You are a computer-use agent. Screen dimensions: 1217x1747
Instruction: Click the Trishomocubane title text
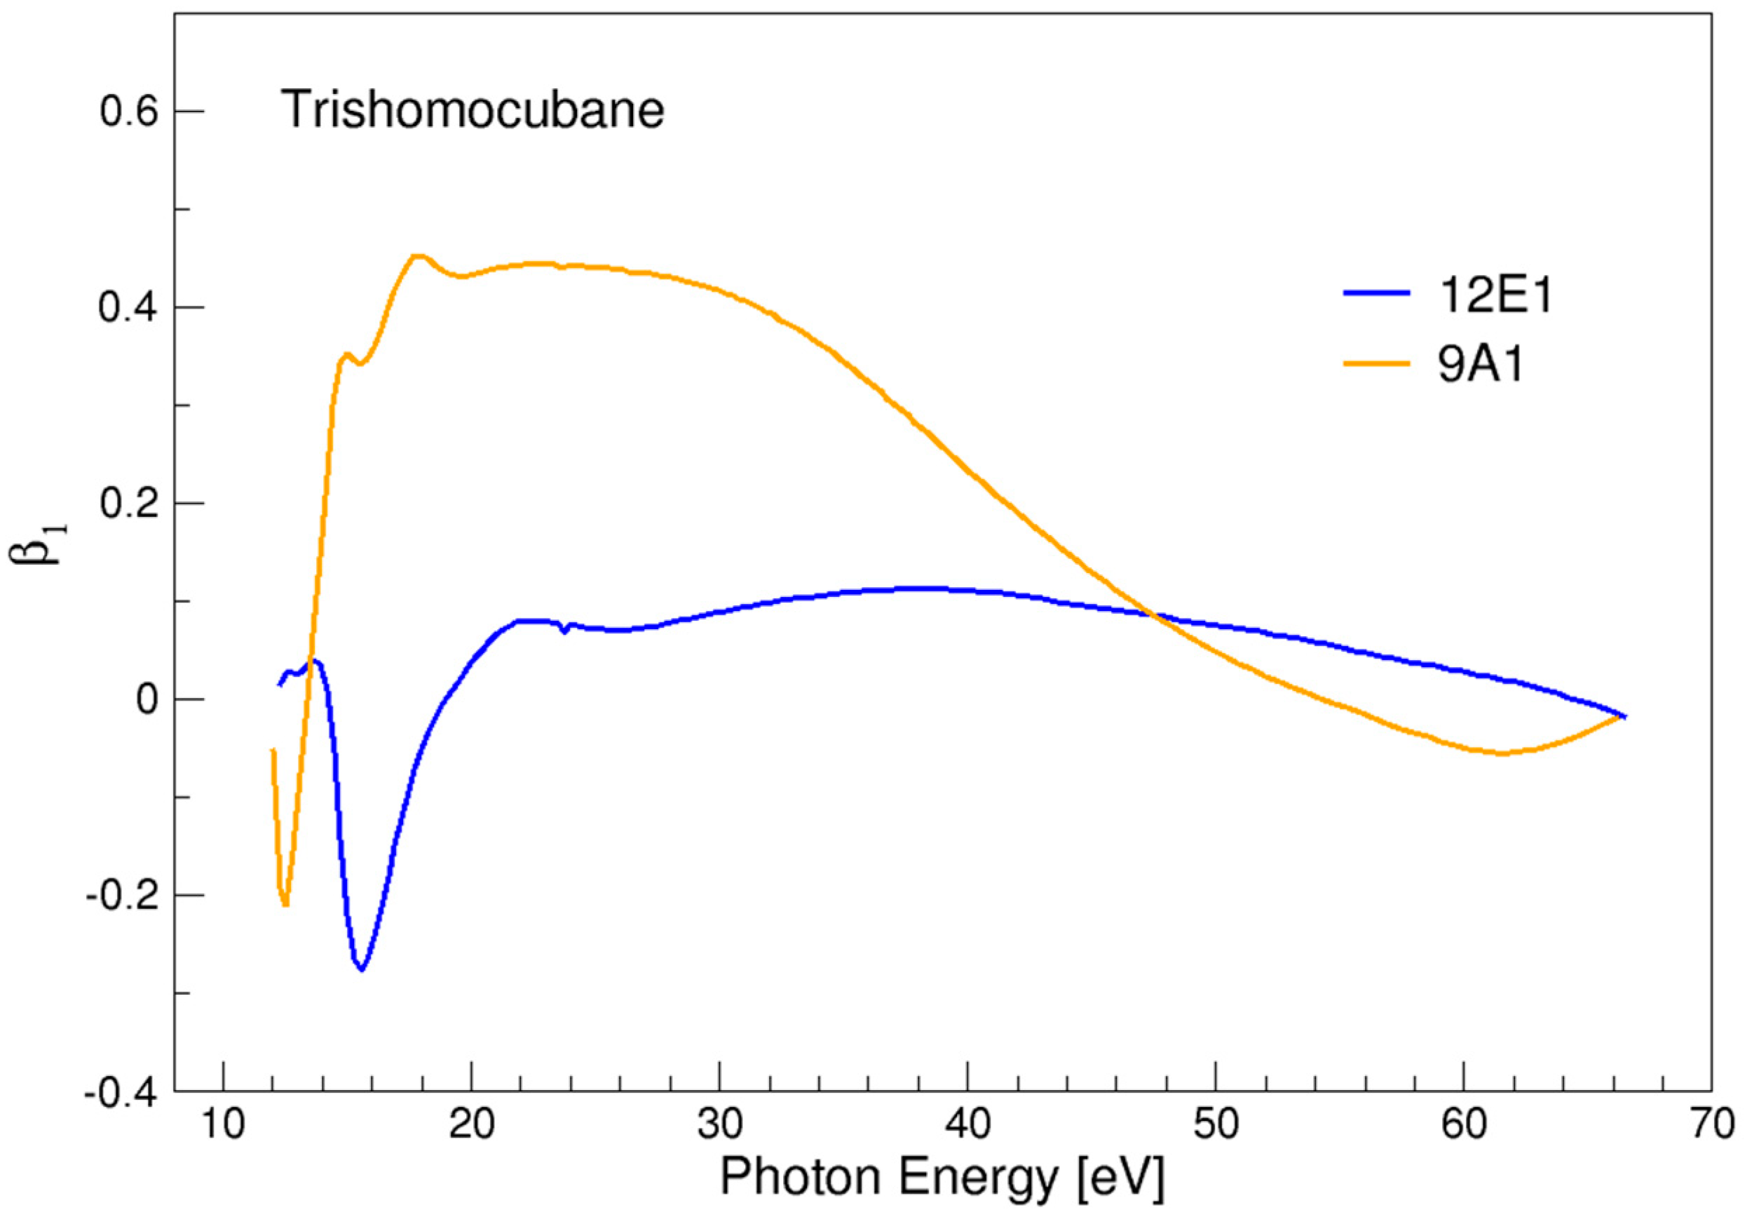[473, 109]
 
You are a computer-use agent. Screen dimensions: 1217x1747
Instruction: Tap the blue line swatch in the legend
[1376, 293]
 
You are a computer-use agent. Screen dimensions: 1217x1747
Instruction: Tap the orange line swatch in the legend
[1376, 363]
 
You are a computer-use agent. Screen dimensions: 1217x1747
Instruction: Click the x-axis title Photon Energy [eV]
[942, 1178]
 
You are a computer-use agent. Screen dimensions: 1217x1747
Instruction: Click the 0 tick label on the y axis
[147, 700]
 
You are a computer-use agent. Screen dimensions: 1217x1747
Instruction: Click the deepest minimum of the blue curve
[362, 969]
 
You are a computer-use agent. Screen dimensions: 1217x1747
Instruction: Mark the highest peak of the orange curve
[418, 257]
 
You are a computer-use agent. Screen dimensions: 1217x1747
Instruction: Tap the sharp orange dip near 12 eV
[285, 905]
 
